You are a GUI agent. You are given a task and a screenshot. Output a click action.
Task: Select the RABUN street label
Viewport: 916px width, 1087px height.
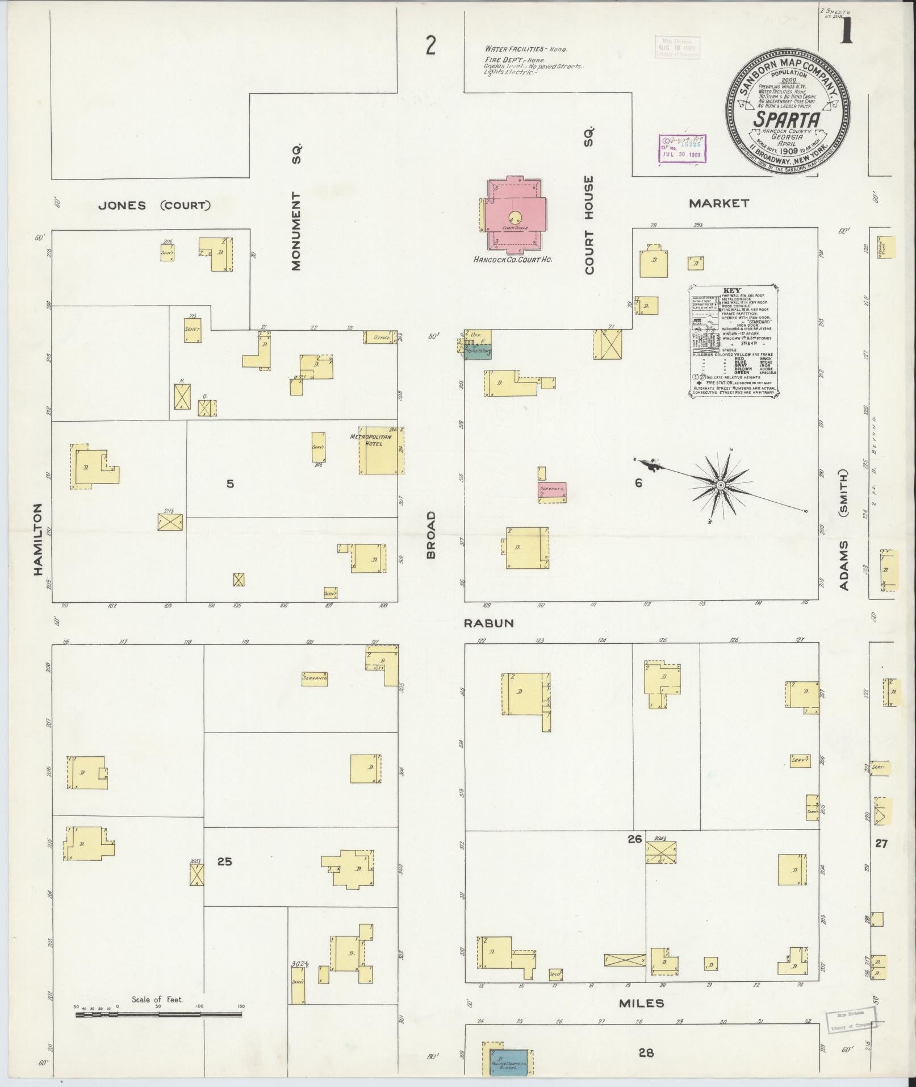click(x=488, y=623)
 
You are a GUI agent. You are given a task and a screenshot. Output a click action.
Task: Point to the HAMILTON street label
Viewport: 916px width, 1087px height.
click(x=39, y=539)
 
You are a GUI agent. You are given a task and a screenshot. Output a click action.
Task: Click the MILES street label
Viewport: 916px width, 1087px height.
click(x=642, y=1003)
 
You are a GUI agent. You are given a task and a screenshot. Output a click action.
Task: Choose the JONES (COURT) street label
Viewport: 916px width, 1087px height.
click(x=154, y=206)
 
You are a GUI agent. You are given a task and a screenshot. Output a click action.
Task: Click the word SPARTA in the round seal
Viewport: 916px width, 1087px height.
click(x=787, y=120)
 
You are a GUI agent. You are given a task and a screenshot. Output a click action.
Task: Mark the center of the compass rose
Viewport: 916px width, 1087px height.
click(x=720, y=485)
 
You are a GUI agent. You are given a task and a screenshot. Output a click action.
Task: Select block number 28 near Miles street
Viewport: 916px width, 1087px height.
click(x=646, y=1053)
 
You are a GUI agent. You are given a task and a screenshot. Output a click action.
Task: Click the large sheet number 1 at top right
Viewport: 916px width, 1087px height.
click(x=846, y=31)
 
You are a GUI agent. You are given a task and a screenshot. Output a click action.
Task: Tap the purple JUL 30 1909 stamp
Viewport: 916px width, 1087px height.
click(x=680, y=149)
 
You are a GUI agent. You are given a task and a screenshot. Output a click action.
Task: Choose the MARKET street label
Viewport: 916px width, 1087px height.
click(x=718, y=203)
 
